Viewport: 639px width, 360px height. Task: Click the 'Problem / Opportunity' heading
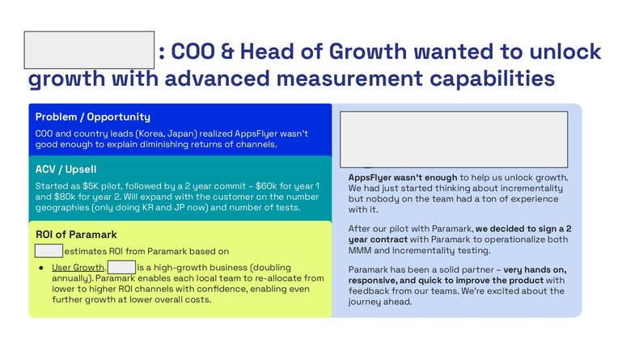point(93,117)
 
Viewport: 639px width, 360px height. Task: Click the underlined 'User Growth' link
point(78,268)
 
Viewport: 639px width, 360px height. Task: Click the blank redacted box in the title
point(89,50)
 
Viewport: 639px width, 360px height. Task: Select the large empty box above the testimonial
point(454,139)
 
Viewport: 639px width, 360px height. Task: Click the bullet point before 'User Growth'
point(40,268)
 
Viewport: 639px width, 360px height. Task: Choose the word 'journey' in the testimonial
point(366,302)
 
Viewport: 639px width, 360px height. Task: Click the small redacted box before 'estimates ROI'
point(49,251)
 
